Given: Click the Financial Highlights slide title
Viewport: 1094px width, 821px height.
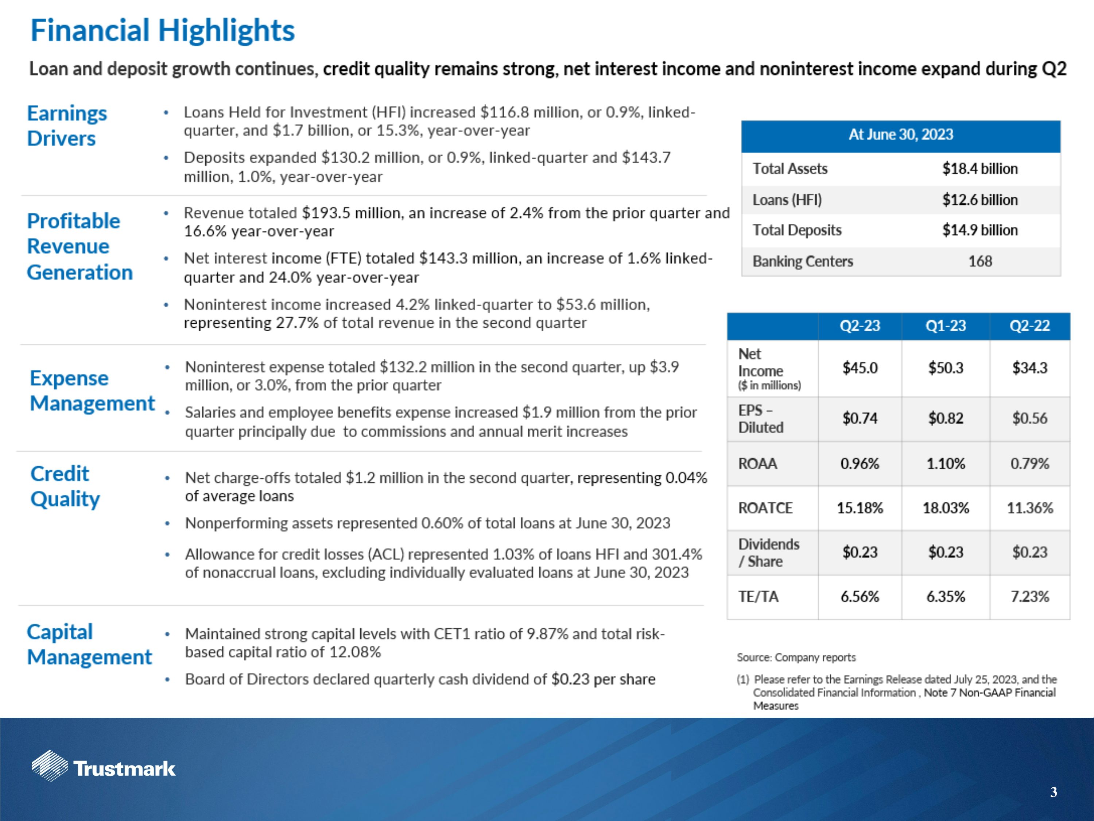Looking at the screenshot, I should click(x=162, y=31).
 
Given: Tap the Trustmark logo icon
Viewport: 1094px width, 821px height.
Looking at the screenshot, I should click(x=50, y=766).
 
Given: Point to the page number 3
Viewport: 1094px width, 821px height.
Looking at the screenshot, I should click(x=1054, y=792).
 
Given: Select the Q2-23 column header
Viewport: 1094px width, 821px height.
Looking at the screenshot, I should click(x=860, y=325).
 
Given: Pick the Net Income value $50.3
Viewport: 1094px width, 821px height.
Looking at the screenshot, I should click(x=945, y=368).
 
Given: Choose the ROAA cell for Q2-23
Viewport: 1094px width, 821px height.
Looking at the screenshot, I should click(x=860, y=464).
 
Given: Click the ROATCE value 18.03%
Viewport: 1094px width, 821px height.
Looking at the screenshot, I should click(x=945, y=508).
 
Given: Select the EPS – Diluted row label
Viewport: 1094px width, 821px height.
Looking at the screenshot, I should click(x=761, y=419).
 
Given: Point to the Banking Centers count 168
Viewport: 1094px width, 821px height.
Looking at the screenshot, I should click(x=980, y=261).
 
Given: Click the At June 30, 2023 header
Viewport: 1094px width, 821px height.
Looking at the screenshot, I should click(x=901, y=135).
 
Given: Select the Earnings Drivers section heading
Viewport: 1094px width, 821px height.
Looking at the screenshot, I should click(x=67, y=126).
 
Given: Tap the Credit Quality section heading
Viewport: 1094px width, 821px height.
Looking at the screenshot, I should click(x=65, y=486).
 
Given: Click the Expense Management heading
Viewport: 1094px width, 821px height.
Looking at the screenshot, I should click(x=92, y=390).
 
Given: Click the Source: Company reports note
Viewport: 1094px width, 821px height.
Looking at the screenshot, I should click(x=796, y=657).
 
